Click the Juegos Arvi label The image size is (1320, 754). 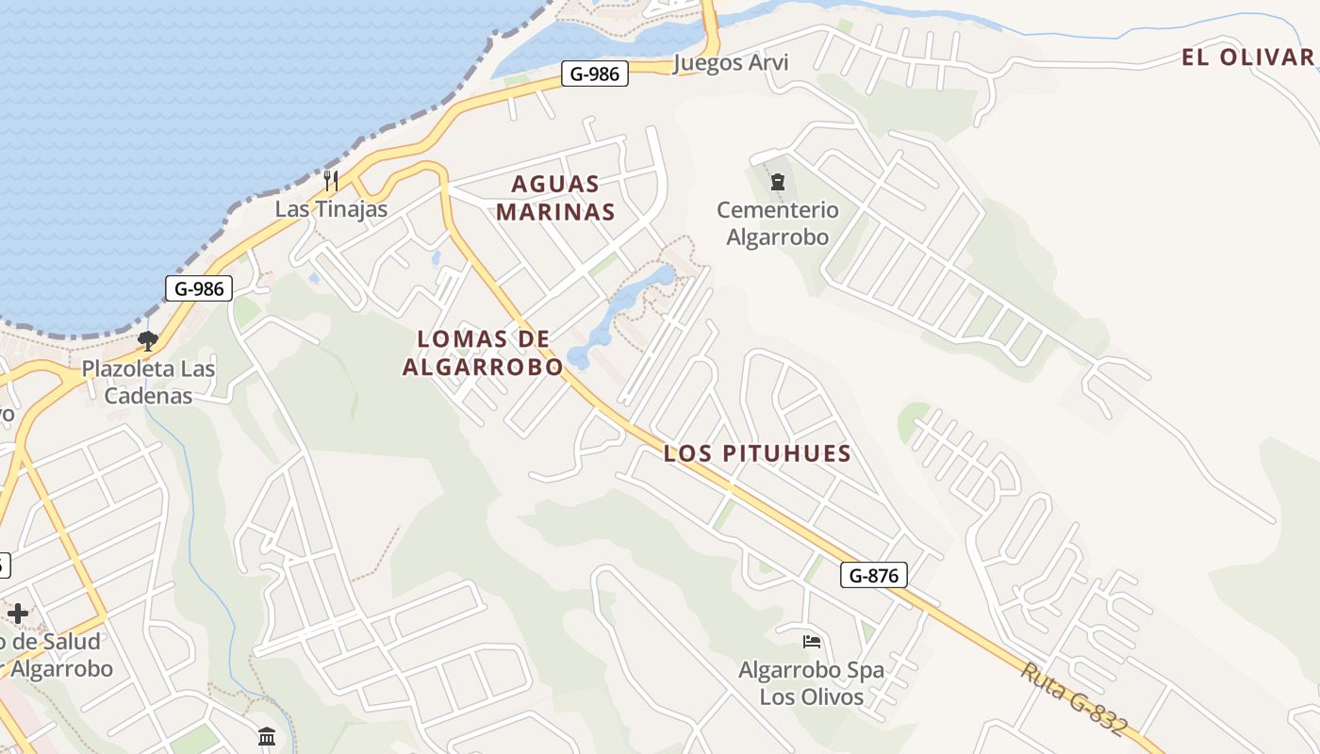(731, 63)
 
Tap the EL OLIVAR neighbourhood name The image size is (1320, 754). (1246, 57)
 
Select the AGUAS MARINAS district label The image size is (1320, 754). (556, 198)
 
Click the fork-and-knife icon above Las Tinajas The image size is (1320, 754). (331, 180)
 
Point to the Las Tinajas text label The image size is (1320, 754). (331, 208)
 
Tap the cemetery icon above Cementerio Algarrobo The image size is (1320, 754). (778, 182)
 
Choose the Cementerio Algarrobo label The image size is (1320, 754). (778, 223)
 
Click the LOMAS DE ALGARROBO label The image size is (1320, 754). (483, 352)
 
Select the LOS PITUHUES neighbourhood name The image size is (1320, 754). (757, 453)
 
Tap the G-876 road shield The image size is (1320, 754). (874, 575)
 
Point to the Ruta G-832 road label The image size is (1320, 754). (1074, 698)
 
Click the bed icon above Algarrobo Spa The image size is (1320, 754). (812, 642)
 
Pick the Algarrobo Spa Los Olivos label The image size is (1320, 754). (812, 683)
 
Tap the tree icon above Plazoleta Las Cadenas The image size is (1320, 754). (147, 340)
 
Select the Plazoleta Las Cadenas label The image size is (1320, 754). (148, 382)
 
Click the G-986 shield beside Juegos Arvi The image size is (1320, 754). (595, 74)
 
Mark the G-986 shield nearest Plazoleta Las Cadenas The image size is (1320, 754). (199, 288)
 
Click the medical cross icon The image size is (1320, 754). (17, 614)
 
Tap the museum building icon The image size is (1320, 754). (267, 735)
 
